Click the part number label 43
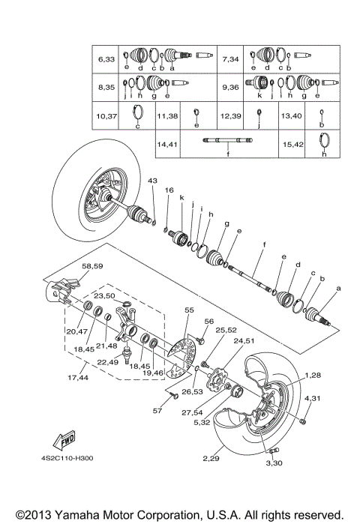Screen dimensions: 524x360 [151, 181]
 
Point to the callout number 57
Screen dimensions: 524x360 [157, 411]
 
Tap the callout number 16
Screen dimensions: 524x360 [169, 190]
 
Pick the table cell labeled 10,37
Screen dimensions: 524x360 [106, 116]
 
